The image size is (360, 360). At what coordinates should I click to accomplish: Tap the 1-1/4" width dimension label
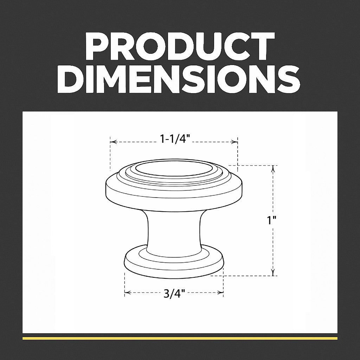coord(175,139)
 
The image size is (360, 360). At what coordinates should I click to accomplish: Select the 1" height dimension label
coord(271,220)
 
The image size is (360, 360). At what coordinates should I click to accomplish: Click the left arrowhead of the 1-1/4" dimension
coord(112,142)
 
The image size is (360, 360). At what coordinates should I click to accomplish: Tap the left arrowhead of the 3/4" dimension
coord(127,292)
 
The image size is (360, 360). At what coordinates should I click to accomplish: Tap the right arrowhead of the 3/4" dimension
coord(221,292)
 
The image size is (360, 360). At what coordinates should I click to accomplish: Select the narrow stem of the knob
coord(174,232)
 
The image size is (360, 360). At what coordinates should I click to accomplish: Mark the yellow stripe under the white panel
coord(180,338)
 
